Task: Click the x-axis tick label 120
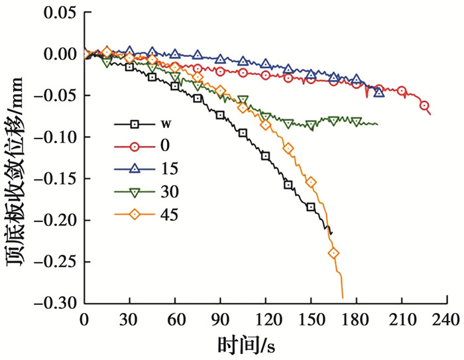(x=265, y=319)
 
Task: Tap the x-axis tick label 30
(x=129, y=319)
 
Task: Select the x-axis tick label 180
(x=356, y=319)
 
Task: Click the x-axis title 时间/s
(x=246, y=345)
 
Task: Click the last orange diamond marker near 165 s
(x=333, y=253)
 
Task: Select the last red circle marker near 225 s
(x=424, y=105)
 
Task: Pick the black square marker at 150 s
(x=311, y=207)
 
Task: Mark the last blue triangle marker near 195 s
(x=378, y=91)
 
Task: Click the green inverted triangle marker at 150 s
(x=311, y=125)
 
